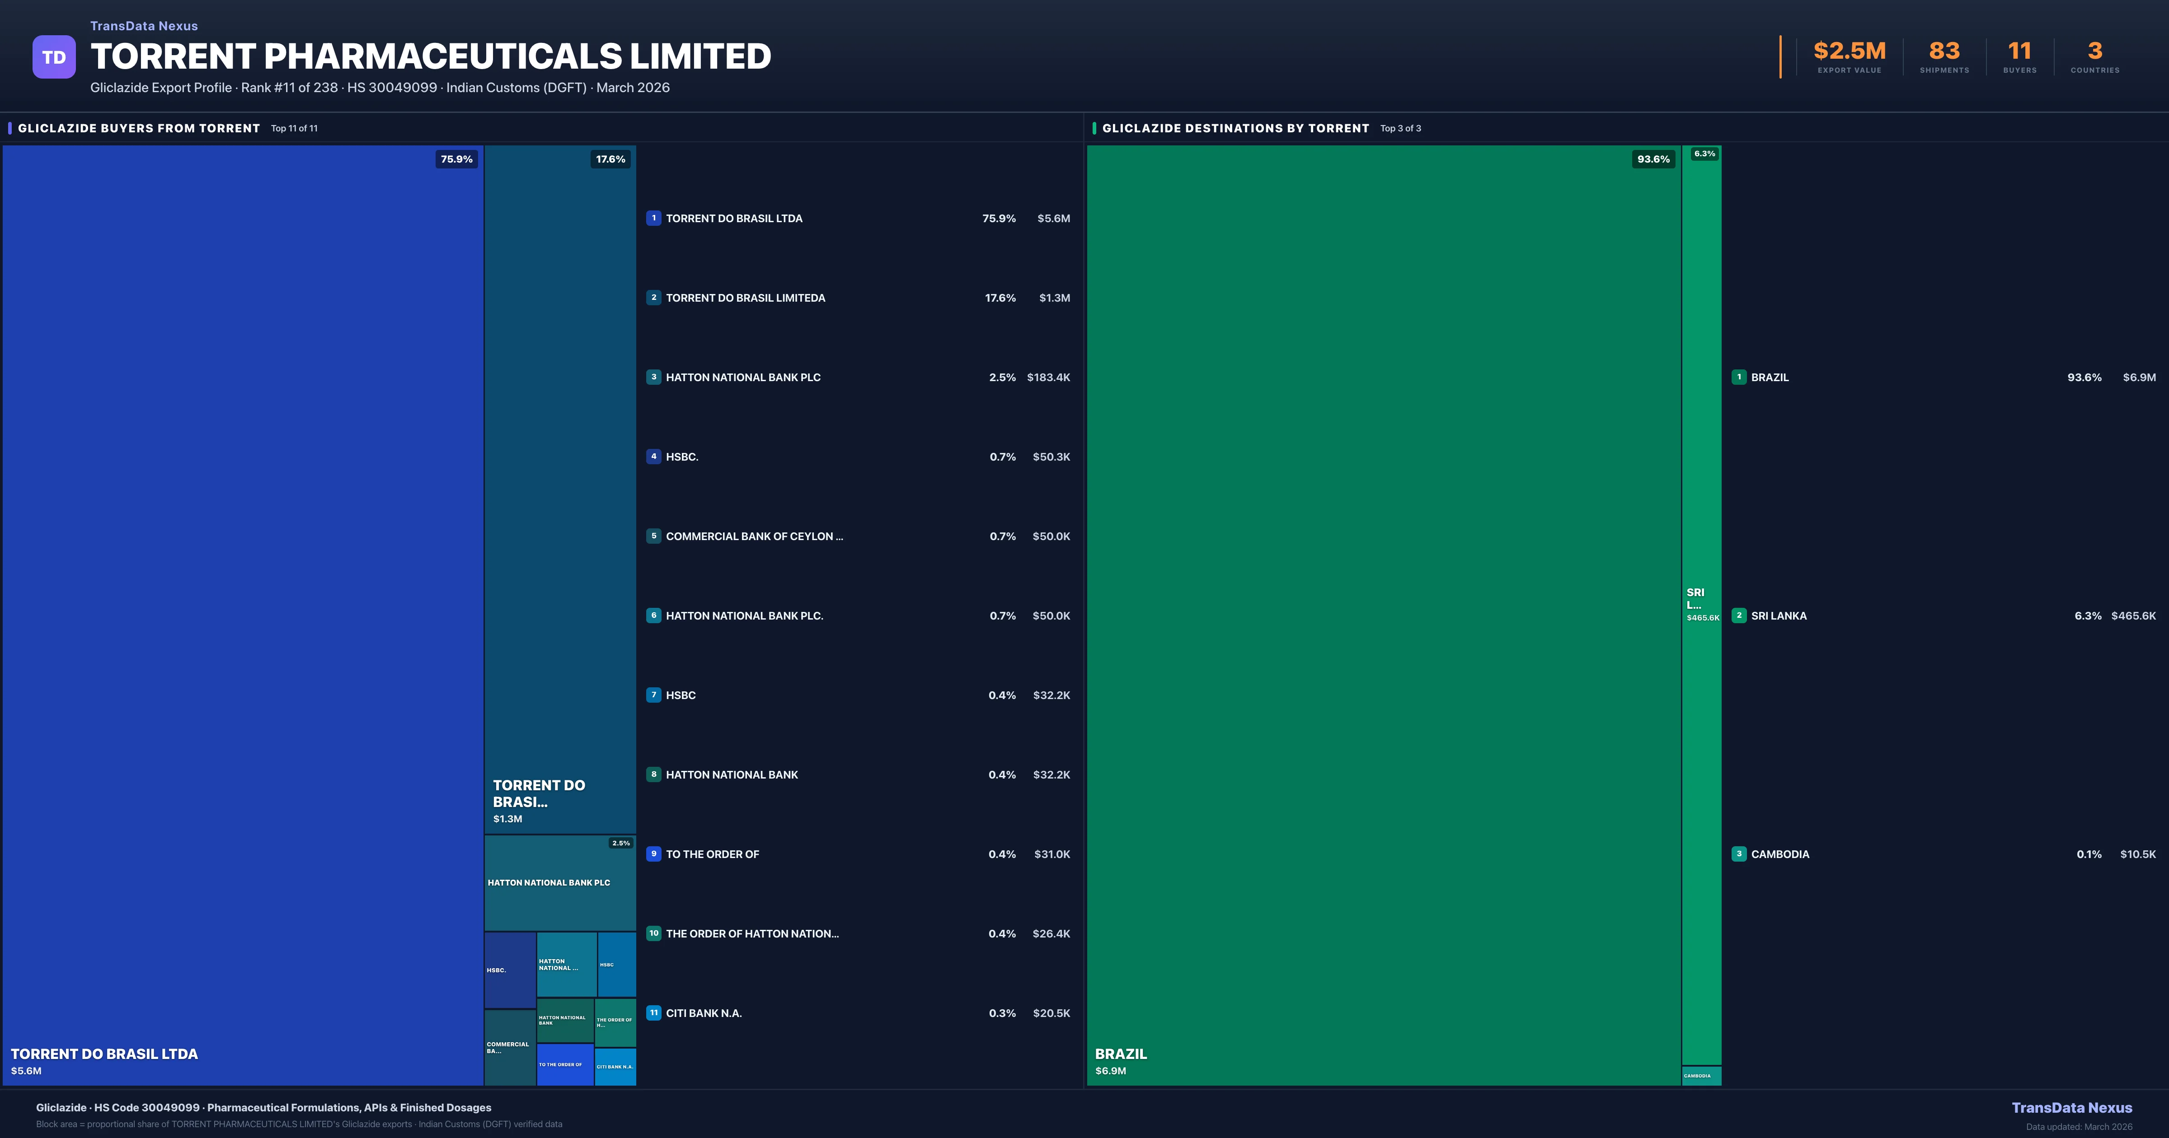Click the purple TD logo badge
click(54, 57)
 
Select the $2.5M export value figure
click(1849, 51)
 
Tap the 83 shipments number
click(1944, 51)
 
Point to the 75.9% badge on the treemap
click(456, 159)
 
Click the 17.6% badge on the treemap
click(610, 159)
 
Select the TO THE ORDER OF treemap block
click(565, 1065)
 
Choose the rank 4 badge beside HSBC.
click(653, 456)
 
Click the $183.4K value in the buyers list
click(1048, 377)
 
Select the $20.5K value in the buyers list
click(1051, 1013)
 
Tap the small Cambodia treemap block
click(1701, 1076)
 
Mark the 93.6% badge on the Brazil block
click(1653, 159)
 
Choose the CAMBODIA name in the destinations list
click(1780, 854)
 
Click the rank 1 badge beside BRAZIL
click(1739, 377)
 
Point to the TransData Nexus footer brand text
click(2071, 1108)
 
